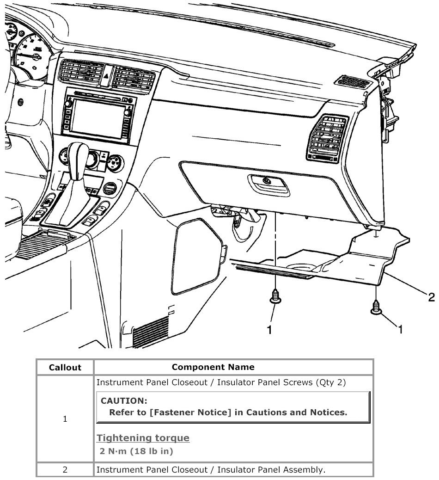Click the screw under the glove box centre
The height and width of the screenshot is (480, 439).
275,296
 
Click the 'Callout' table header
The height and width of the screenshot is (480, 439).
65,368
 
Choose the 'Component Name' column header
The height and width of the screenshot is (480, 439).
213,367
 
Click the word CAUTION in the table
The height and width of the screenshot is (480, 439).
124,400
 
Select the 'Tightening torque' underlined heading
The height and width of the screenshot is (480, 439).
143,438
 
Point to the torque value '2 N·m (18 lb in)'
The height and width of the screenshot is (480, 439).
136,451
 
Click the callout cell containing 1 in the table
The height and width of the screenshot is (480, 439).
65,419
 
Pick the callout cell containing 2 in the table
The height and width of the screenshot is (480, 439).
65,469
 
